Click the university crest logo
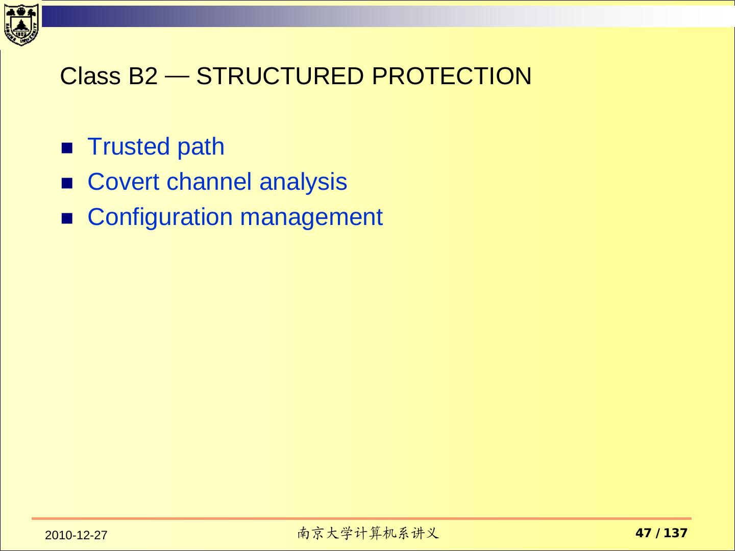click(21, 25)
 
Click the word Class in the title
click(90, 76)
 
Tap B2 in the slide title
click(143, 76)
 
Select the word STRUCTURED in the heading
click(280, 76)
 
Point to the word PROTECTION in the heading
click(452, 76)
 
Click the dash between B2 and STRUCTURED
click(177, 77)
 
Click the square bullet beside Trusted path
click(67, 148)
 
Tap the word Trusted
click(129, 146)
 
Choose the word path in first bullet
click(201, 147)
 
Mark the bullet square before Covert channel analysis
click(67, 183)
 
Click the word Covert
click(123, 182)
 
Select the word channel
click(209, 181)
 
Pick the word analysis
click(303, 182)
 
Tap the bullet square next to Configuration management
click(67, 219)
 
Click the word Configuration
click(160, 217)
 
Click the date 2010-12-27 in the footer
click(76, 535)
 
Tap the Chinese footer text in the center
click(368, 533)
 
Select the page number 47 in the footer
click(644, 533)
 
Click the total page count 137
click(676, 533)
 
